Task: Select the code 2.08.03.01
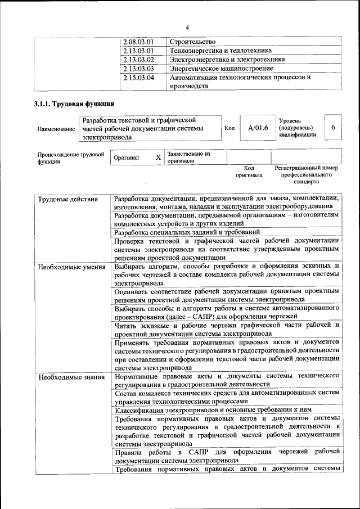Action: coord(138,42)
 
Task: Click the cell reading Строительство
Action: coord(192,42)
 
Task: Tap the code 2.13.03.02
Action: coord(138,60)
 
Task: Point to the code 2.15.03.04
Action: coord(138,78)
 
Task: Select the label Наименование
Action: coord(56,129)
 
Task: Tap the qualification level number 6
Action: coord(333,128)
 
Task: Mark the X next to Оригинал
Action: coord(159,158)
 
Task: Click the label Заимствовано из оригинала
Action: coord(188,157)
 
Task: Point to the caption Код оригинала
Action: coord(249,172)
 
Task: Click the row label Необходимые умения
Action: coord(72,267)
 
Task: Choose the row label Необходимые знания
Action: coord(71,376)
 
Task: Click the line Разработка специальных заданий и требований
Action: coord(187,232)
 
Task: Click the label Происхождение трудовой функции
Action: coord(71,158)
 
